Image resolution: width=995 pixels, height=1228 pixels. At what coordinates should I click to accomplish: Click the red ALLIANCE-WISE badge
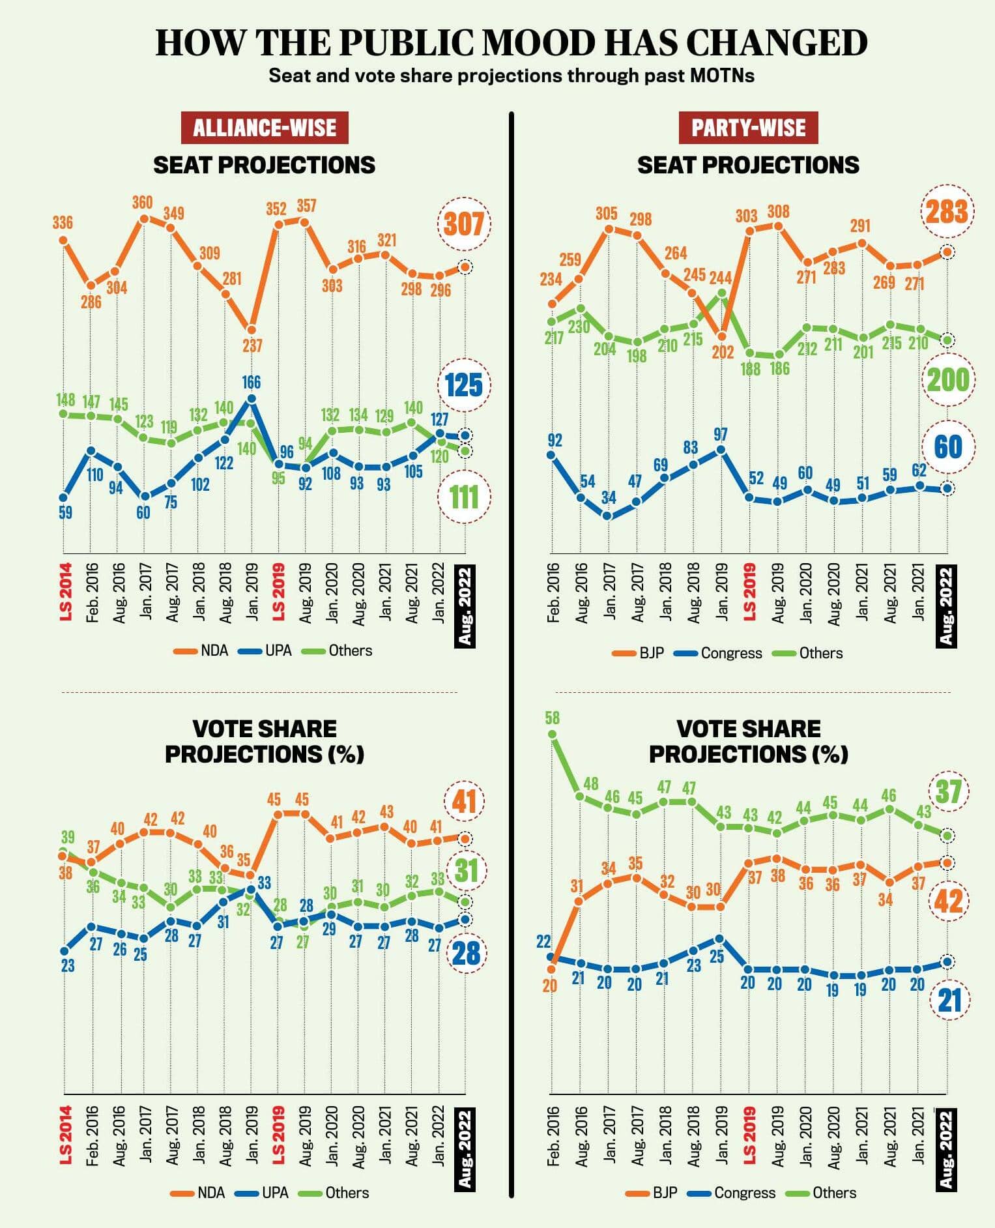(x=265, y=128)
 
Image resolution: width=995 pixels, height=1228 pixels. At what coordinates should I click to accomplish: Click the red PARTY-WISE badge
(x=748, y=128)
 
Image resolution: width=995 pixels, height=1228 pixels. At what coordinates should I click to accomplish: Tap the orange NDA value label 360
(x=142, y=203)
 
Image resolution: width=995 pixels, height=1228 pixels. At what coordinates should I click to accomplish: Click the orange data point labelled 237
(x=252, y=330)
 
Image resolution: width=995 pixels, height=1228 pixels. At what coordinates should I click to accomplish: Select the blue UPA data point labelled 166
(x=252, y=399)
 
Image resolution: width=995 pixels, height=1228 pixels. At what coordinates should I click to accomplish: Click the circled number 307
(x=464, y=225)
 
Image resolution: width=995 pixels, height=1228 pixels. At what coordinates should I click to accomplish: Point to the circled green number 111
(x=464, y=497)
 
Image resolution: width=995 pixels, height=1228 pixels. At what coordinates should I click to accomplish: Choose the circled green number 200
(x=948, y=380)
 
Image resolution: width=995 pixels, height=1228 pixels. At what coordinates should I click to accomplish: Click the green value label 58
(x=552, y=718)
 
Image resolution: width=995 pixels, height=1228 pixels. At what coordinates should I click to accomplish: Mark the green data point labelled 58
(x=553, y=734)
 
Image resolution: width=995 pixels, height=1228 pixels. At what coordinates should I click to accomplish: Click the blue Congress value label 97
(x=720, y=434)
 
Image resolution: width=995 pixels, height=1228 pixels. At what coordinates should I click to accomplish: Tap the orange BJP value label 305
(x=606, y=213)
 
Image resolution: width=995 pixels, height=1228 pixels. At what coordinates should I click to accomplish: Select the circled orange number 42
(x=948, y=901)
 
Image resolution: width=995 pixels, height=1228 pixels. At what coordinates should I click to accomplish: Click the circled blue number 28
(x=466, y=954)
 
